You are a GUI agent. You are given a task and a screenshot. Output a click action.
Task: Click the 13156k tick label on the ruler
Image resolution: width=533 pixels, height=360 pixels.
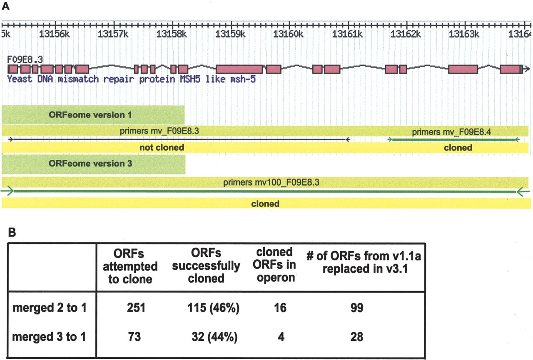tap(54, 34)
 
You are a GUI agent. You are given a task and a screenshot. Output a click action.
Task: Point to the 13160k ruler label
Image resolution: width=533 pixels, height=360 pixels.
tap(288, 34)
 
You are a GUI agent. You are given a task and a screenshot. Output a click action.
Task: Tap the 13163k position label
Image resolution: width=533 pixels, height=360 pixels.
tap(464, 34)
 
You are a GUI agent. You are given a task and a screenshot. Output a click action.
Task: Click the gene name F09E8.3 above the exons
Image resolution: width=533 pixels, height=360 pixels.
tap(25, 60)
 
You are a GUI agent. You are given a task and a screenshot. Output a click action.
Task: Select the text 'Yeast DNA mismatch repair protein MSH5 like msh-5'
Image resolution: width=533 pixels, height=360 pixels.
tap(131, 79)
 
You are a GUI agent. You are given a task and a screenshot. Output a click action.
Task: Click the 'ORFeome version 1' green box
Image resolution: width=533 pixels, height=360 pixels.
tap(93, 115)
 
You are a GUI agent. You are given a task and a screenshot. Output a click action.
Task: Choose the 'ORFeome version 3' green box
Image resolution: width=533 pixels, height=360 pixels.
tap(94, 164)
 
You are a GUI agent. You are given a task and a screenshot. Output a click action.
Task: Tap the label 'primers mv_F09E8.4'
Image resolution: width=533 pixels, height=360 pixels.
tap(451, 132)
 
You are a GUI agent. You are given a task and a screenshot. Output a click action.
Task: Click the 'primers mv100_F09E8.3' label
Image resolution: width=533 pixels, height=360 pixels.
tap(271, 182)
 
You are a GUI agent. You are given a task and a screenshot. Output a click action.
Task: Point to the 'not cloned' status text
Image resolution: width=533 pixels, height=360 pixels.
tap(162, 147)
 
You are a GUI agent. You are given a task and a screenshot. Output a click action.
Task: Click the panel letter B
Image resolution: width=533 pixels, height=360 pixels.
tap(12, 232)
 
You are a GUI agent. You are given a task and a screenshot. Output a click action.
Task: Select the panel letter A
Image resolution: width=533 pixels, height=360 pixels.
tap(5, 6)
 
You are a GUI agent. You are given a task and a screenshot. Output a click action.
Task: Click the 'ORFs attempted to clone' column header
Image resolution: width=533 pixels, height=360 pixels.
tap(130, 266)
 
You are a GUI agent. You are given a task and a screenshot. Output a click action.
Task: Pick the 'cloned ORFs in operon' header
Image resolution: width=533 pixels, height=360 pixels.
tap(274, 265)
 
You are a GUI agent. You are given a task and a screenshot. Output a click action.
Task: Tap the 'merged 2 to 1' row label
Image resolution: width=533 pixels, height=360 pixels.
tap(50, 308)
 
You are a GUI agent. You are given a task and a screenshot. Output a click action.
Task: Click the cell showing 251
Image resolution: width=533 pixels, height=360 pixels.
tap(136, 308)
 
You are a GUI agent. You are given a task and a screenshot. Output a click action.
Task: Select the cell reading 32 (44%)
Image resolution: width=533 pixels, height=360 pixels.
tap(214, 337)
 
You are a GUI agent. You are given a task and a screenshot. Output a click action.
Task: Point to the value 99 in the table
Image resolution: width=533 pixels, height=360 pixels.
tap(357, 308)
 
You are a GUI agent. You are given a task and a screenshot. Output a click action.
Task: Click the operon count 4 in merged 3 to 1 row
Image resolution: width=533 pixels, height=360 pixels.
tap(281, 337)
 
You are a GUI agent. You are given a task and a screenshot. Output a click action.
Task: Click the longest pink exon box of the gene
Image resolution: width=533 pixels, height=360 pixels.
tap(239, 69)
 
